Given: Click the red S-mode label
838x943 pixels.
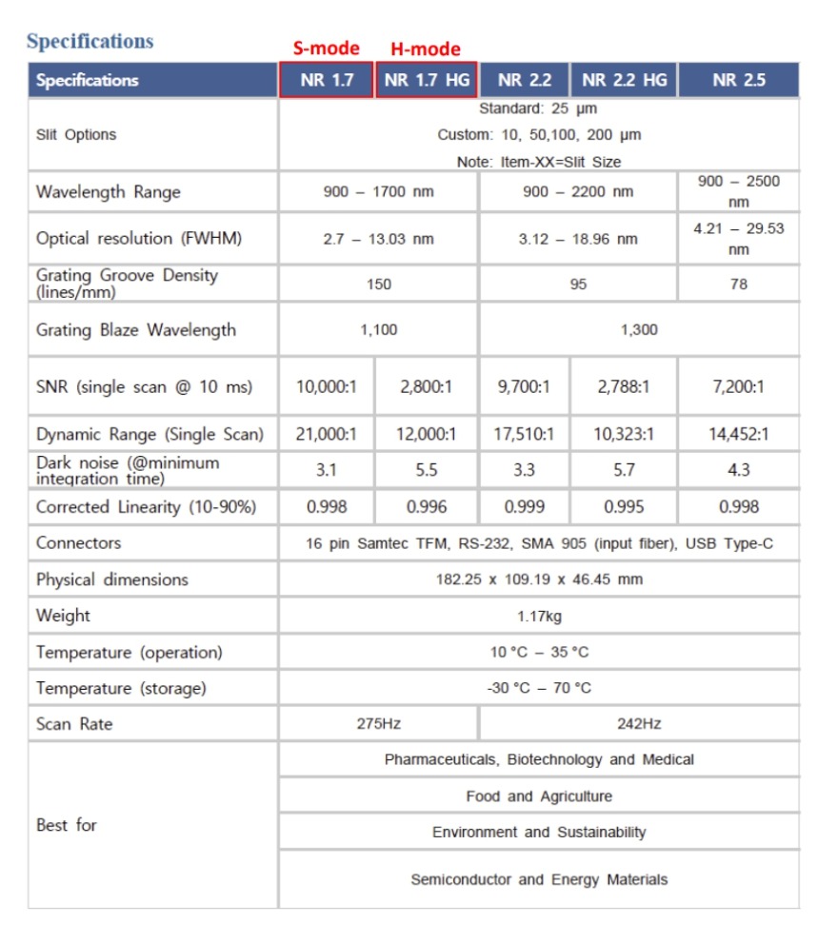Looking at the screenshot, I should pyautogui.click(x=326, y=49).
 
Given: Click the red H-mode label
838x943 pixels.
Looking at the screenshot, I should pyautogui.click(x=426, y=49).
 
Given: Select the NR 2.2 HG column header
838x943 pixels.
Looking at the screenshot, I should pyautogui.click(x=624, y=80).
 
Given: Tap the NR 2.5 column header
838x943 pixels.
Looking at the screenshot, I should pyautogui.click(x=738, y=80).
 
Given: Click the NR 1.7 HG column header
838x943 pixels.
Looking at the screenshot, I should pyautogui.click(x=427, y=80).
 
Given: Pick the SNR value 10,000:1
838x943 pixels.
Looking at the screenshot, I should pyautogui.click(x=327, y=387).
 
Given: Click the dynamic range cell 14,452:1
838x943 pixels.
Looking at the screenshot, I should pyautogui.click(x=738, y=435).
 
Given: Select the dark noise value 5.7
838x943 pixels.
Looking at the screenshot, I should pyautogui.click(x=624, y=470).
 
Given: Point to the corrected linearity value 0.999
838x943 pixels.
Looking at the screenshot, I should pyautogui.click(x=525, y=507).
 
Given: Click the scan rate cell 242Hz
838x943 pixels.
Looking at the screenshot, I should pyautogui.click(x=639, y=724).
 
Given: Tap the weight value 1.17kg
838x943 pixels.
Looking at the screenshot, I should pyautogui.click(x=539, y=616).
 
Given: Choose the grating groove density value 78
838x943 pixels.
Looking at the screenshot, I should pyautogui.click(x=738, y=284).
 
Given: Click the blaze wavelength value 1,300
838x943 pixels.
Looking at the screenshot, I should pyautogui.click(x=639, y=330).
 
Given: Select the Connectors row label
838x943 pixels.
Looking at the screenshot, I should pyautogui.click(x=78, y=543).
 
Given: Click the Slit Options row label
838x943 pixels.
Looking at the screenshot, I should pyautogui.click(x=76, y=135).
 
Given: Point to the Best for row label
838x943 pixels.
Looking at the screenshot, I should pyautogui.click(x=67, y=825).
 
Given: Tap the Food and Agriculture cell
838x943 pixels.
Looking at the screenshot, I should pyautogui.click(x=539, y=796).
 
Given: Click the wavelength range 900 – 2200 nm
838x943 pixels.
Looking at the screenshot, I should pyautogui.click(x=578, y=192).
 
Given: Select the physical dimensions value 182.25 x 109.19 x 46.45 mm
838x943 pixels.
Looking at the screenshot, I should pyautogui.click(x=539, y=580).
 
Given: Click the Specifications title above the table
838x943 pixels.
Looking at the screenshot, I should pyautogui.click(x=90, y=42).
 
